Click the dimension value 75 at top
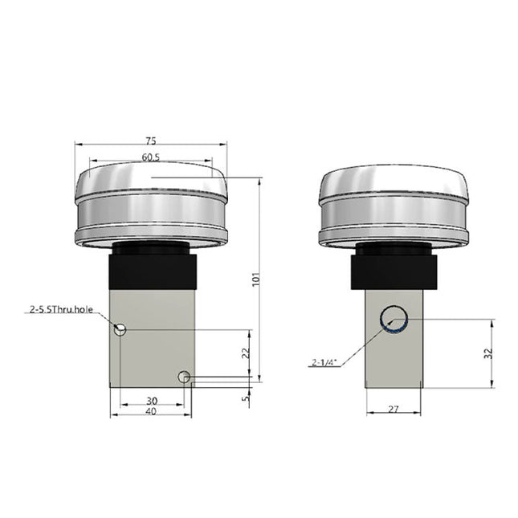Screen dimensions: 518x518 tap(151, 138)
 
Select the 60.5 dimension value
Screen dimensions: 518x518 tap(151, 157)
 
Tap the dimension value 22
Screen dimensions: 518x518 tap(247, 352)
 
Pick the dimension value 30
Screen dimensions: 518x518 tap(151, 400)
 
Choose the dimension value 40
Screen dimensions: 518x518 tap(151, 412)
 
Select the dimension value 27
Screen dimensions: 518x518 tap(394, 410)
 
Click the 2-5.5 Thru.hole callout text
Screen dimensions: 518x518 tap(61, 308)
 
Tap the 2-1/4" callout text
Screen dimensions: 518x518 tap(324, 362)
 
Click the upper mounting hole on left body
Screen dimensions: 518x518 tap(120, 328)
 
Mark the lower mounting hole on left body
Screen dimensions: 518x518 tap(184, 377)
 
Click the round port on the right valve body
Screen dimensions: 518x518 tap(394, 319)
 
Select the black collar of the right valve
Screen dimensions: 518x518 tap(394, 271)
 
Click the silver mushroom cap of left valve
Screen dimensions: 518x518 tap(151, 205)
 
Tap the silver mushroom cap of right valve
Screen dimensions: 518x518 tap(394, 205)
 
